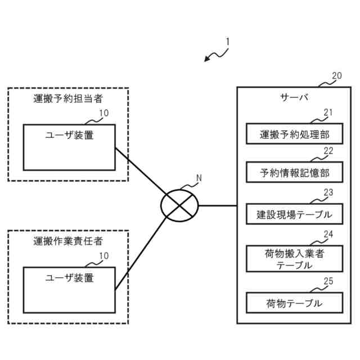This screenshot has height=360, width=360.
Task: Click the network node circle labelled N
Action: [x=180, y=205]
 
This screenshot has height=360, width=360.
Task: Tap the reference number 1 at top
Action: [x=227, y=42]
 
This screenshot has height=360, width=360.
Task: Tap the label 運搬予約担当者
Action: [x=68, y=99]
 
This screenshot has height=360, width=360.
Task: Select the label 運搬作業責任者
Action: [x=68, y=242]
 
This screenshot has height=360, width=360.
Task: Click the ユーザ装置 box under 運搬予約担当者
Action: [x=69, y=147]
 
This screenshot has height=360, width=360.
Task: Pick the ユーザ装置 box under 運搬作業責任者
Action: [x=69, y=290]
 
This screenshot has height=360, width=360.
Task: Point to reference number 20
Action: [x=336, y=76]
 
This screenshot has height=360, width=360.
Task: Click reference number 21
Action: [x=328, y=112]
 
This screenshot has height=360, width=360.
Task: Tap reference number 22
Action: [x=328, y=151]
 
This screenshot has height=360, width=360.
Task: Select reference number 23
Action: [x=328, y=192]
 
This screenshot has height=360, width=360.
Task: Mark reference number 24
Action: [x=328, y=234]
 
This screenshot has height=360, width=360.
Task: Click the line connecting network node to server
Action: [x=218, y=205]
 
